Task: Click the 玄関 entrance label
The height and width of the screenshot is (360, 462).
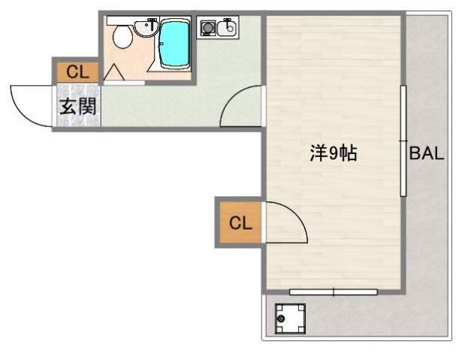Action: click(77, 106)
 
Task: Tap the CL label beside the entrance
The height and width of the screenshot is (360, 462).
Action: click(77, 72)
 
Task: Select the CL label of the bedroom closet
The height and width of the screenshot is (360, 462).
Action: click(239, 222)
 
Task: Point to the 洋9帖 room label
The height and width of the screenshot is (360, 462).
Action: click(332, 154)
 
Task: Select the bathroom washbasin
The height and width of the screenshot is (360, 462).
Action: click(146, 27)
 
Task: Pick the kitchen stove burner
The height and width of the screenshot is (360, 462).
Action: click(207, 29)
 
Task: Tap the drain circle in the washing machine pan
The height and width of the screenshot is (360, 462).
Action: click(282, 321)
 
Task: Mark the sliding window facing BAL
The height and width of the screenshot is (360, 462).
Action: click(403, 140)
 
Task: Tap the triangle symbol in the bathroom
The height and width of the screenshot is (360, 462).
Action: click(114, 72)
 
